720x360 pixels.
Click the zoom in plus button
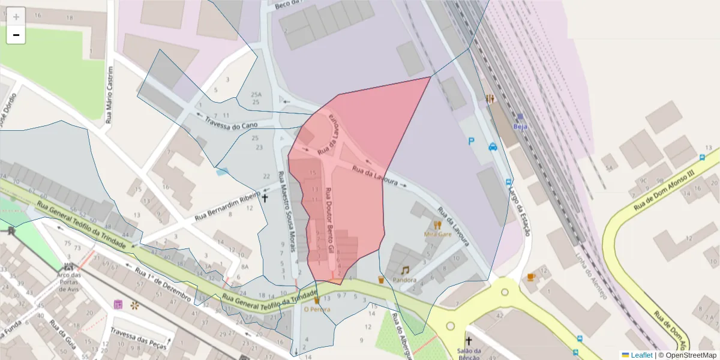pyautogui.click(x=16, y=17)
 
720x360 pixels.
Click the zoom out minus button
pyautogui.click(x=16, y=35)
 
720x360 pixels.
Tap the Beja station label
pyautogui.click(x=520, y=127)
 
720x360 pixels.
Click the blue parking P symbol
pyautogui.click(x=471, y=141)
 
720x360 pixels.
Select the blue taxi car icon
pyautogui.click(x=493, y=146)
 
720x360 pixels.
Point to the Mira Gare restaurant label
pyautogui.click(x=437, y=234)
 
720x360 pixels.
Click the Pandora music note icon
pyautogui.click(x=405, y=271)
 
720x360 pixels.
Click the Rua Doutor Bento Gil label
pyautogui.click(x=329, y=220)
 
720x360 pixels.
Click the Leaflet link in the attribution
pyautogui.click(x=641, y=355)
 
